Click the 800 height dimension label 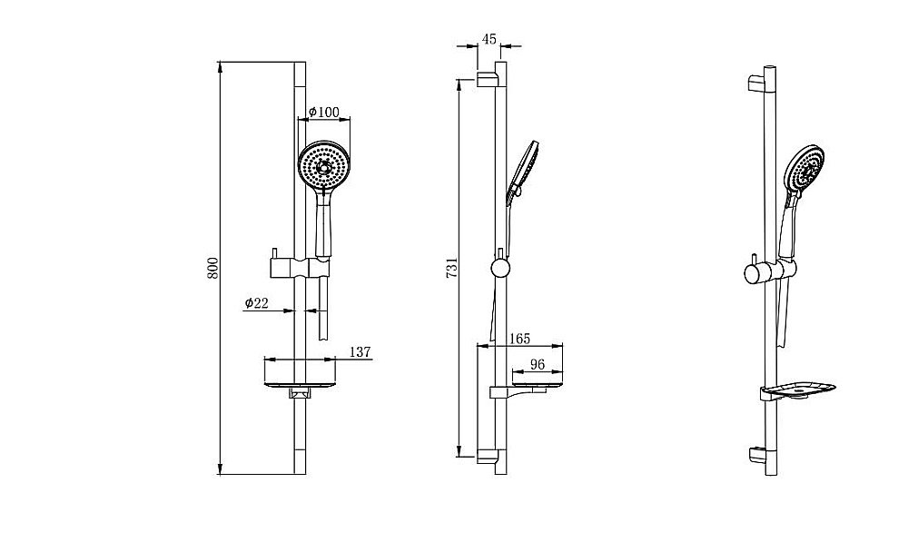coord(213,268)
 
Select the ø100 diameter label coord(324,112)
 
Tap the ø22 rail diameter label coord(257,302)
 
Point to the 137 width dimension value coord(360,351)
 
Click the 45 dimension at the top coord(489,39)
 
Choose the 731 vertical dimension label coord(452,268)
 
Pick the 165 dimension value coord(519,338)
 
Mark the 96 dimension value coord(538,364)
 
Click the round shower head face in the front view coord(324,165)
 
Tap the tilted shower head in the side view coord(522,172)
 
